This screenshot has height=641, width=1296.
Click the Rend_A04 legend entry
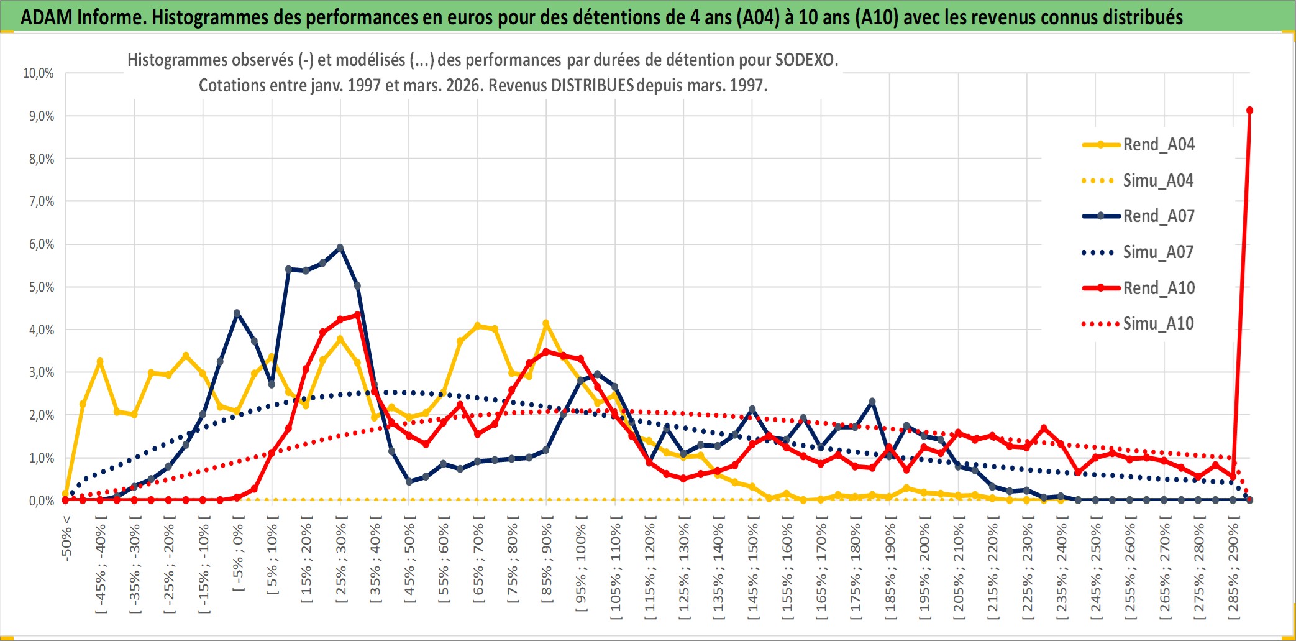point(1158,145)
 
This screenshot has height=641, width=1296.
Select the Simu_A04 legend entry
point(1158,181)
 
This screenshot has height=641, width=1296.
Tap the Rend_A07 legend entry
point(1158,216)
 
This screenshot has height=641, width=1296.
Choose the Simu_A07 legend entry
point(1158,252)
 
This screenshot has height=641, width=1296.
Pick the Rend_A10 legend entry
point(1158,288)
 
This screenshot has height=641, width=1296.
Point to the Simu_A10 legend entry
point(1158,324)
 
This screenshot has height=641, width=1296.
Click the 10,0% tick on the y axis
point(39,73)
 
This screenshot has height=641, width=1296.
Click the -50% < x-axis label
point(66,538)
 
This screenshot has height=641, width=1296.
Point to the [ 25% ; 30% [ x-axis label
point(341,563)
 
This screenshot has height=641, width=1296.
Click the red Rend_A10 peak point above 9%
point(1249,111)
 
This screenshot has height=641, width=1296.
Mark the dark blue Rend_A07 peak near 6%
point(340,247)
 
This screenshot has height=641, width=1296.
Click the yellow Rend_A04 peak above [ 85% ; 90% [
point(546,323)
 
